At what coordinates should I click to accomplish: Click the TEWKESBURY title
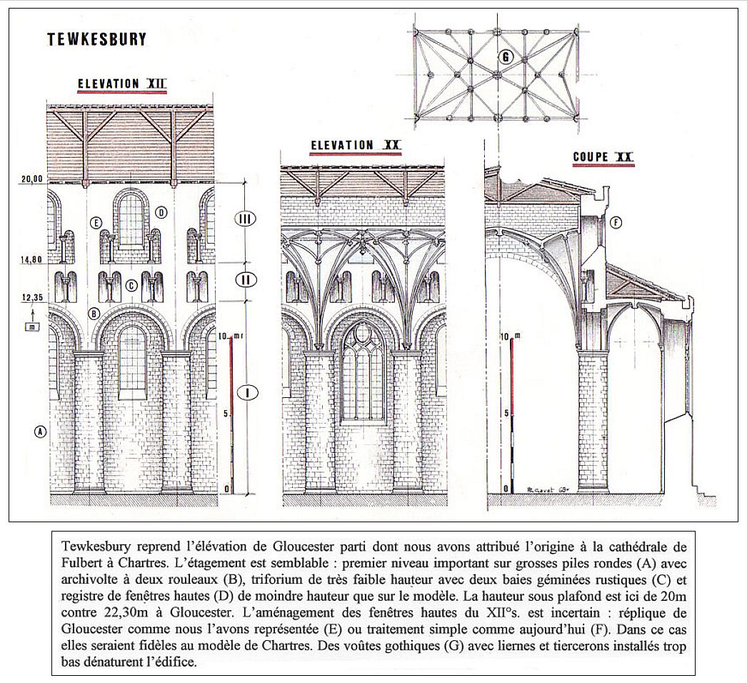[96, 39]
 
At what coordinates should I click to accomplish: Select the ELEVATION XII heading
[121, 84]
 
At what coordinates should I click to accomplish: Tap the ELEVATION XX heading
[355, 145]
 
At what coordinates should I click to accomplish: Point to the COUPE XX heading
[603, 157]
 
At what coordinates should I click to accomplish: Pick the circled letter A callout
[40, 431]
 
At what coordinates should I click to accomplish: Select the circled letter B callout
[94, 313]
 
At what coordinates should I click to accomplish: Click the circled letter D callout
[161, 212]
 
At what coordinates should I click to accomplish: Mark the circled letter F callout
[616, 222]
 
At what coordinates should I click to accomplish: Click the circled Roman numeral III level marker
[246, 219]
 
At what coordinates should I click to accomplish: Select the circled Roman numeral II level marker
[246, 279]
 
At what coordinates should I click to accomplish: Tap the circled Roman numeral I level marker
[246, 392]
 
